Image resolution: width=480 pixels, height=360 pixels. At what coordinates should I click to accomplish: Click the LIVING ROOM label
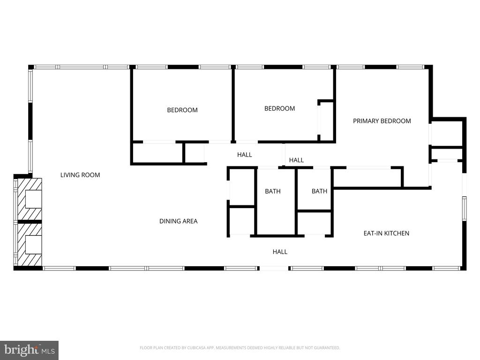pos(80,175)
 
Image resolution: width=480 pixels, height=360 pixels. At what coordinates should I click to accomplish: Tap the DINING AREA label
pos(178,221)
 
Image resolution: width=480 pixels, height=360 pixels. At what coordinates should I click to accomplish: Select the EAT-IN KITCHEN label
pos(386,233)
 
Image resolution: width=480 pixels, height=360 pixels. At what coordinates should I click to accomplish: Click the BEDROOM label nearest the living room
pos(182,110)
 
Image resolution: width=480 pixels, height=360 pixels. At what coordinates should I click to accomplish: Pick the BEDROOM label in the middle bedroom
pos(279,108)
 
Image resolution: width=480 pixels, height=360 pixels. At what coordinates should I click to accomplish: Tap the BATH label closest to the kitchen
pos(319,191)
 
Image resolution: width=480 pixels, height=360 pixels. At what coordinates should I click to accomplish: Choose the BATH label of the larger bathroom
pos(272,191)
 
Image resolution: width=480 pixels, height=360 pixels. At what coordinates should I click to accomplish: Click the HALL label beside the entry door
pos(280,252)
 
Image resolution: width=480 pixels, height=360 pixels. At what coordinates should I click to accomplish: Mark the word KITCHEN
pos(397,233)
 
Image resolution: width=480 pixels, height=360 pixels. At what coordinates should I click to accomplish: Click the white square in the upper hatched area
pos(33,199)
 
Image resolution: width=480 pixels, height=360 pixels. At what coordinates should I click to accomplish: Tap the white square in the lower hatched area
pos(33,244)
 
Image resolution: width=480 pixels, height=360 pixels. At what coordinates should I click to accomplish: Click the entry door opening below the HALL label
pos(274,269)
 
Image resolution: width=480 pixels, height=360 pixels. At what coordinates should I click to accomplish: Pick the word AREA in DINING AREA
pos(190,221)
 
